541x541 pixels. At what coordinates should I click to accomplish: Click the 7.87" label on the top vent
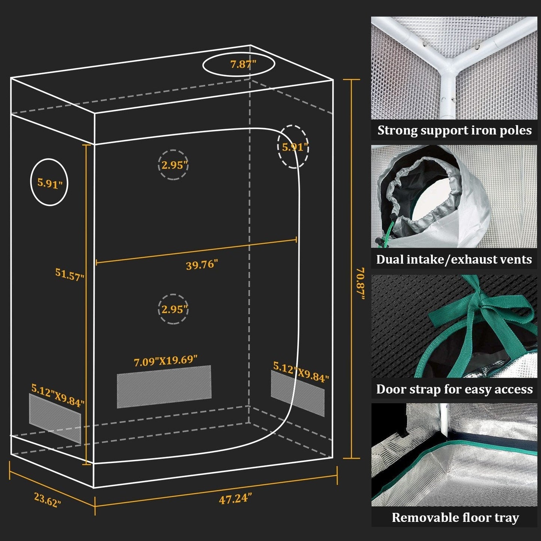(243, 64)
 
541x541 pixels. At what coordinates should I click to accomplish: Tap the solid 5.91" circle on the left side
(49, 182)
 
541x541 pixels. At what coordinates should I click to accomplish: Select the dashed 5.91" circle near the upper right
(294, 147)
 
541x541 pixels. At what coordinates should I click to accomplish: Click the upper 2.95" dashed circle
(173, 165)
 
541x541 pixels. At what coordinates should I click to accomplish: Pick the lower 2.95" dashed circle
(173, 309)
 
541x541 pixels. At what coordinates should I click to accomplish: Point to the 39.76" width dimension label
(202, 265)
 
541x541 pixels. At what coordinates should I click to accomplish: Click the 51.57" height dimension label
(70, 275)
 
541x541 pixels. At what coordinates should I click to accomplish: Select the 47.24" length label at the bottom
(235, 499)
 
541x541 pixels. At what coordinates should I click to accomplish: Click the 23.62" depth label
(48, 500)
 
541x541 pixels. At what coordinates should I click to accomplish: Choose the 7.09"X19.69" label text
(165, 361)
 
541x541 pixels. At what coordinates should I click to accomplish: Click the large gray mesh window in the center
(164, 386)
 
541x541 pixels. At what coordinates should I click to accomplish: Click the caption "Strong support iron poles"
(454, 130)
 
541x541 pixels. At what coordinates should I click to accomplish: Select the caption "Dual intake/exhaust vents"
(454, 259)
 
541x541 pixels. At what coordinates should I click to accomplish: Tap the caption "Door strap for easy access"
(454, 389)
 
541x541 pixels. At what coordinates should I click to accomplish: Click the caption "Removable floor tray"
(455, 518)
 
